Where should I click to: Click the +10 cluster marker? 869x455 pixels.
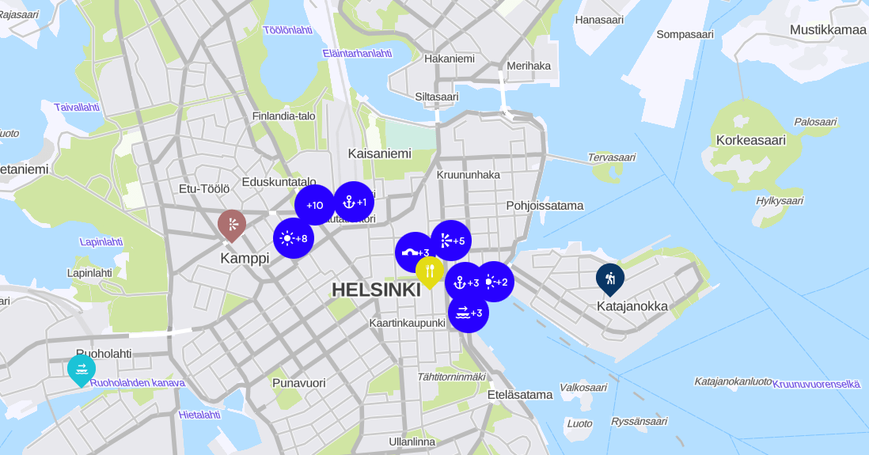[315, 205]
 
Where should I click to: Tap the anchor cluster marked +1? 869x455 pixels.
[354, 202]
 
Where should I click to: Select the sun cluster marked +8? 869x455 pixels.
[294, 238]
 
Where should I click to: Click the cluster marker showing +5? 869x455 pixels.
[451, 241]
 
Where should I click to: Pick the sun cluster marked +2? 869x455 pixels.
[495, 282]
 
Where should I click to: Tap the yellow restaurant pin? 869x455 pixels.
[429, 271]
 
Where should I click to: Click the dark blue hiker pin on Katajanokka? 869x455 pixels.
[610, 278]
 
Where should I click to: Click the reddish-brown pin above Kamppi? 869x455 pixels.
[232, 225]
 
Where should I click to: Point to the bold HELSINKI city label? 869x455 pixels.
[376, 290]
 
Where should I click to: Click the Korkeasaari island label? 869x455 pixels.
[750, 140]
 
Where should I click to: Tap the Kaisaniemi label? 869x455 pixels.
[380, 154]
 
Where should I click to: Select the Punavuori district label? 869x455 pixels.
[298, 383]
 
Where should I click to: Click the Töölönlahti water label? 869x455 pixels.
[287, 30]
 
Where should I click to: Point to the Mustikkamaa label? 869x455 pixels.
[828, 30]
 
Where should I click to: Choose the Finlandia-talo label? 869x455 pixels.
[283, 116]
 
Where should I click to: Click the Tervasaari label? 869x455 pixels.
[611, 157]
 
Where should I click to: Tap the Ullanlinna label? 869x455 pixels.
[412, 442]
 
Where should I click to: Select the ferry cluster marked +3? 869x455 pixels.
[469, 313]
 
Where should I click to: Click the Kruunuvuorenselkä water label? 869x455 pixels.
[816, 384]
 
